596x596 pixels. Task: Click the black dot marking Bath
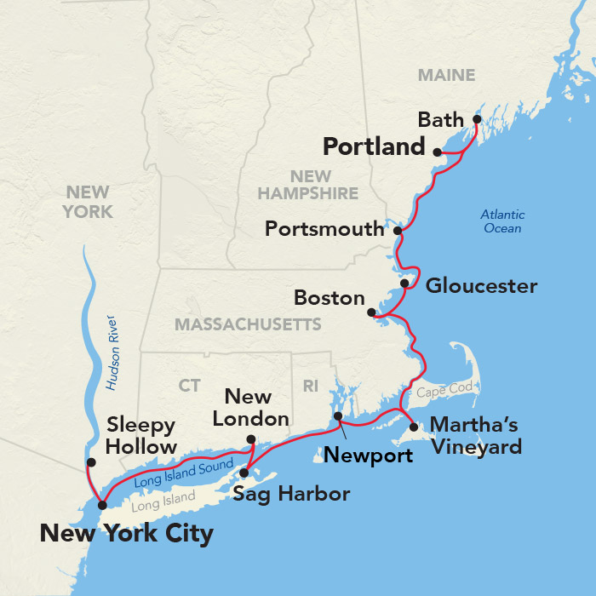pyautogui.click(x=477, y=119)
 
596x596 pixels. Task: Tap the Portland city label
pyautogui.click(x=374, y=147)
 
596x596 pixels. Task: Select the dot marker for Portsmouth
pyautogui.click(x=398, y=230)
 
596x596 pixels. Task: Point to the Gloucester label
pyautogui.click(x=481, y=286)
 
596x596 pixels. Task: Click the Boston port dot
pyautogui.click(x=371, y=312)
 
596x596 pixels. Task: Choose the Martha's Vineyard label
pyautogui.click(x=476, y=435)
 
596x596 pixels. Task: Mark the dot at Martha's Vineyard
pyautogui.click(x=414, y=427)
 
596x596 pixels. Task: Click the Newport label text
pyautogui.click(x=368, y=456)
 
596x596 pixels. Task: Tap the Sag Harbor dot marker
pyautogui.click(x=244, y=473)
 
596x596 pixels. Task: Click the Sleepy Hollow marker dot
pyautogui.click(x=91, y=462)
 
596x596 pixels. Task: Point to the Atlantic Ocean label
pyautogui.click(x=502, y=221)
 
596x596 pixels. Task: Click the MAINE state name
pyautogui.click(x=446, y=76)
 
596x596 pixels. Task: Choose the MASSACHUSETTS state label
pyautogui.click(x=248, y=324)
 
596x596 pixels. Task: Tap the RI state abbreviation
pyautogui.click(x=311, y=387)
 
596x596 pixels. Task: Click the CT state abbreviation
pyautogui.click(x=189, y=387)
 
